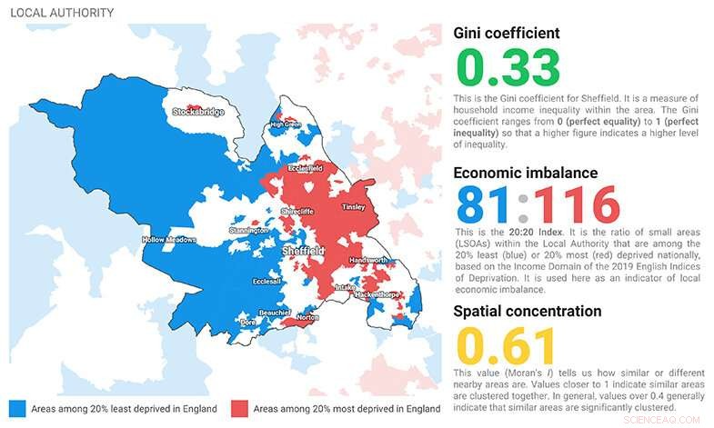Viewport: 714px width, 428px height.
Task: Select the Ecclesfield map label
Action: click(x=306, y=168)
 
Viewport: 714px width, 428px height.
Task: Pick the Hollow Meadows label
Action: click(x=170, y=240)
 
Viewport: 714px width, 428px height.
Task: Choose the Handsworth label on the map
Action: click(x=367, y=260)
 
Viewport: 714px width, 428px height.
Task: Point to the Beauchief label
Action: click(x=274, y=312)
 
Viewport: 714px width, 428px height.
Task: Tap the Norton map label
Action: click(x=307, y=318)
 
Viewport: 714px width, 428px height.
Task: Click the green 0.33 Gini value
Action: click(x=508, y=68)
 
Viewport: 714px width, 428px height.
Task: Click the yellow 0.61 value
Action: click(x=506, y=345)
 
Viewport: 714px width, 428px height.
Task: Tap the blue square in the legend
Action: click(x=16, y=408)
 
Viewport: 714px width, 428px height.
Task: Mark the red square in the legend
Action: click(x=239, y=408)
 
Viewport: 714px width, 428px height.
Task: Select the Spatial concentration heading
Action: click(x=528, y=311)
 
